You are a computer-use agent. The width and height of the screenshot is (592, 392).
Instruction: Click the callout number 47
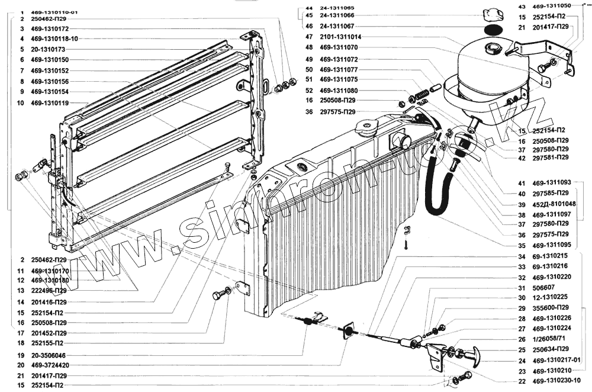tap(308, 37)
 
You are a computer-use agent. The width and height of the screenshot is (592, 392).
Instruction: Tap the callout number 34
tap(522, 256)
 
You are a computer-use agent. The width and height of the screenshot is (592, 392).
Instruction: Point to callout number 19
tap(21, 355)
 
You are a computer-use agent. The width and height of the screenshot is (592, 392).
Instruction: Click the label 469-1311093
tap(552, 183)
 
